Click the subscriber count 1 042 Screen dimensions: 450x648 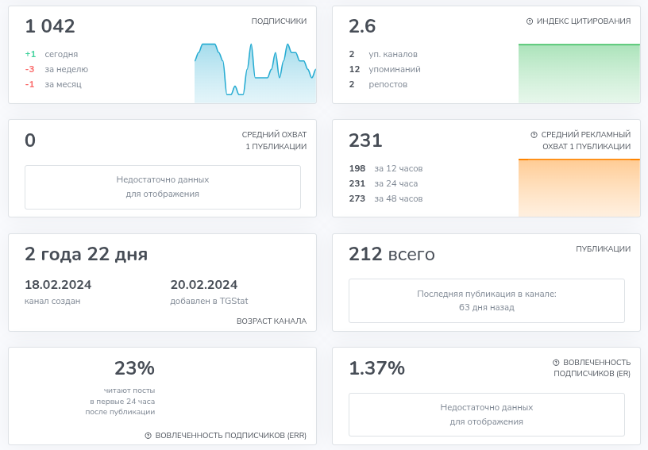50,26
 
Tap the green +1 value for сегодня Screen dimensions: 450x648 30,54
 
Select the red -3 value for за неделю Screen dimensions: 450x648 30,69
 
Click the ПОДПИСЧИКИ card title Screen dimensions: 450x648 279,21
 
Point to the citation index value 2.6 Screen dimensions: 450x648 362,26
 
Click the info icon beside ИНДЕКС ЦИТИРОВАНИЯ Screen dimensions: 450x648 530,21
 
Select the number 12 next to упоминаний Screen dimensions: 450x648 354,69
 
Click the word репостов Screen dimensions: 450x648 388,84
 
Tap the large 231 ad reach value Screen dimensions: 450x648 365,140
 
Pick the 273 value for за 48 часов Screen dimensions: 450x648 357,198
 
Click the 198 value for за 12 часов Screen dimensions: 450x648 357,168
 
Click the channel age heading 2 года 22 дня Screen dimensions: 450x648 86,254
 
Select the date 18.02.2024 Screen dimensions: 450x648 58,285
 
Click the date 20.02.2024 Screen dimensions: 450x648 204,285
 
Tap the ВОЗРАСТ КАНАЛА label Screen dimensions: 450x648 272,321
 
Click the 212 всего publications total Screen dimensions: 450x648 391,254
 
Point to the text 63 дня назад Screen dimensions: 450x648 486,307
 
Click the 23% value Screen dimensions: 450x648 134,368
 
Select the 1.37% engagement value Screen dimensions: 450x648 376,368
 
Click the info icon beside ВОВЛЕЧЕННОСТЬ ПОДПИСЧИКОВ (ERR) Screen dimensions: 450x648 148,436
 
